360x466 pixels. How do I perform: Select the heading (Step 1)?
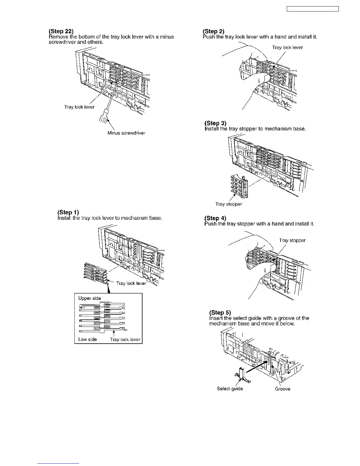click(x=68, y=212)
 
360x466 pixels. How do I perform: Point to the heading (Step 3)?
click(x=215, y=123)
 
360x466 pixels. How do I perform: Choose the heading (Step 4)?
click(x=215, y=218)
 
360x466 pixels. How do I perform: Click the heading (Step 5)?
click(x=220, y=312)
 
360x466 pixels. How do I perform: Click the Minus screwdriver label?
click(x=126, y=133)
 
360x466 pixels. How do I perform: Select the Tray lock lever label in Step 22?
click(x=79, y=107)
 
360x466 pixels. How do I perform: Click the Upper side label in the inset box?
click(x=89, y=298)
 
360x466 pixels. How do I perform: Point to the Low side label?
click(x=87, y=339)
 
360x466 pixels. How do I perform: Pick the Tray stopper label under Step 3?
click(x=229, y=204)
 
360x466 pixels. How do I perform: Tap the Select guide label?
click(x=230, y=389)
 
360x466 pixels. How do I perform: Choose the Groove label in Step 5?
click(x=282, y=389)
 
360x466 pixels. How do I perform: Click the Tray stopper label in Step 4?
click(x=292, y=240)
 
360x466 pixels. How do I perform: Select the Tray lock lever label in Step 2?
click(x=287, y=48)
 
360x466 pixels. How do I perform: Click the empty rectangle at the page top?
click(x=313, y=9)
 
